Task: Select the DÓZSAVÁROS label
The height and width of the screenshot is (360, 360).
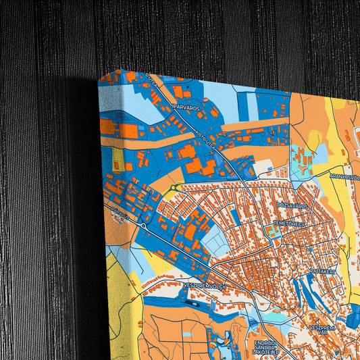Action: tap(292, 204)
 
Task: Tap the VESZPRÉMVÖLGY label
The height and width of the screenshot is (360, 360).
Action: tap(205, 286)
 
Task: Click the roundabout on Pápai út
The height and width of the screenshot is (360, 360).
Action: tap(144, 227)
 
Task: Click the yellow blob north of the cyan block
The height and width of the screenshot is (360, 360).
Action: tap(314, 139)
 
